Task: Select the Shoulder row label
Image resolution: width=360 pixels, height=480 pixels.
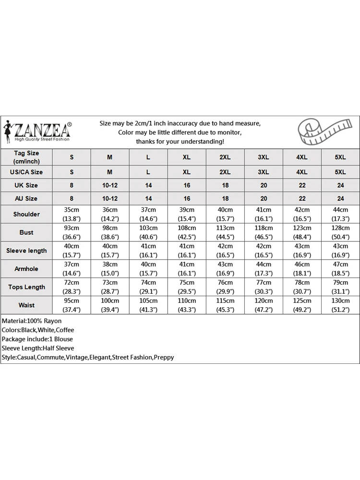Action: [x=26, y=214]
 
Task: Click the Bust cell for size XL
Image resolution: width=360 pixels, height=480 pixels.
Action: [x=187, y=232]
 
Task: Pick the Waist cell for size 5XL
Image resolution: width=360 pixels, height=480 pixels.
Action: [x=340, y=305]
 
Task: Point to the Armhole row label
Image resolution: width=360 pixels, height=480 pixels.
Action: [x=26, y=269]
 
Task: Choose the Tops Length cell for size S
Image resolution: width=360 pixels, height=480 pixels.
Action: [x=72, y=287]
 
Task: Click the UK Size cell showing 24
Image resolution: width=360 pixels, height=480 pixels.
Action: [x=340, y=185]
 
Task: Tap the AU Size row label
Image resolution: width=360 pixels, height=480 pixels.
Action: [x=26, y=198]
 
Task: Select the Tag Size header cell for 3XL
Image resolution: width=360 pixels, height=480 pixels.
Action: [x=264, y=157]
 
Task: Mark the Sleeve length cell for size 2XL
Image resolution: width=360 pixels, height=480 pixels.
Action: [x=225, y=251]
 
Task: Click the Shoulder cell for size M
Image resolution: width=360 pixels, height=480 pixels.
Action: [x=110, y=214]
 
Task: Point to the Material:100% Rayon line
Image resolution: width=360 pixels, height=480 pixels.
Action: [x=32, y=321]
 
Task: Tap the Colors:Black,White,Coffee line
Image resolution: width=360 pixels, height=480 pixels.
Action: [x=38, y=330]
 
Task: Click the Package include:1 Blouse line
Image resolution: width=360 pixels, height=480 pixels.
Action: [x=37, y=339]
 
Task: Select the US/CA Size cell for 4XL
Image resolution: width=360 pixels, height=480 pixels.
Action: [x=302, y=172]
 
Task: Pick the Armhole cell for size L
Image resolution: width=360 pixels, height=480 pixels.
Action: [x=148, y=269]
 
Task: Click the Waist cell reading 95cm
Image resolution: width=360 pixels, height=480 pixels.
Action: [x=72, y=305]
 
